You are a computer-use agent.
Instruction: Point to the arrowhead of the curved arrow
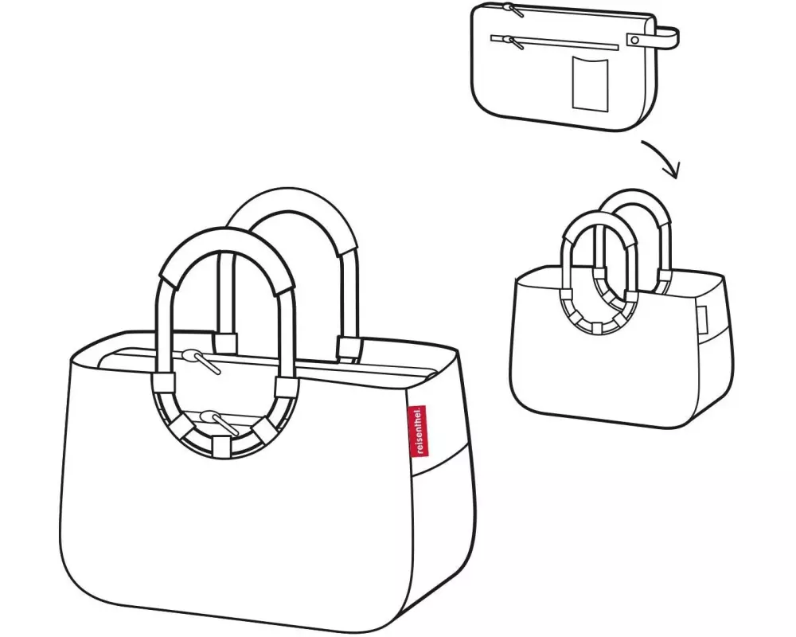click(x=675, y=172)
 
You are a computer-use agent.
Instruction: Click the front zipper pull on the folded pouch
click(x=501, y=37)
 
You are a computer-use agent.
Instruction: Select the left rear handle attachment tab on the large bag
click(x=226, y=343)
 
